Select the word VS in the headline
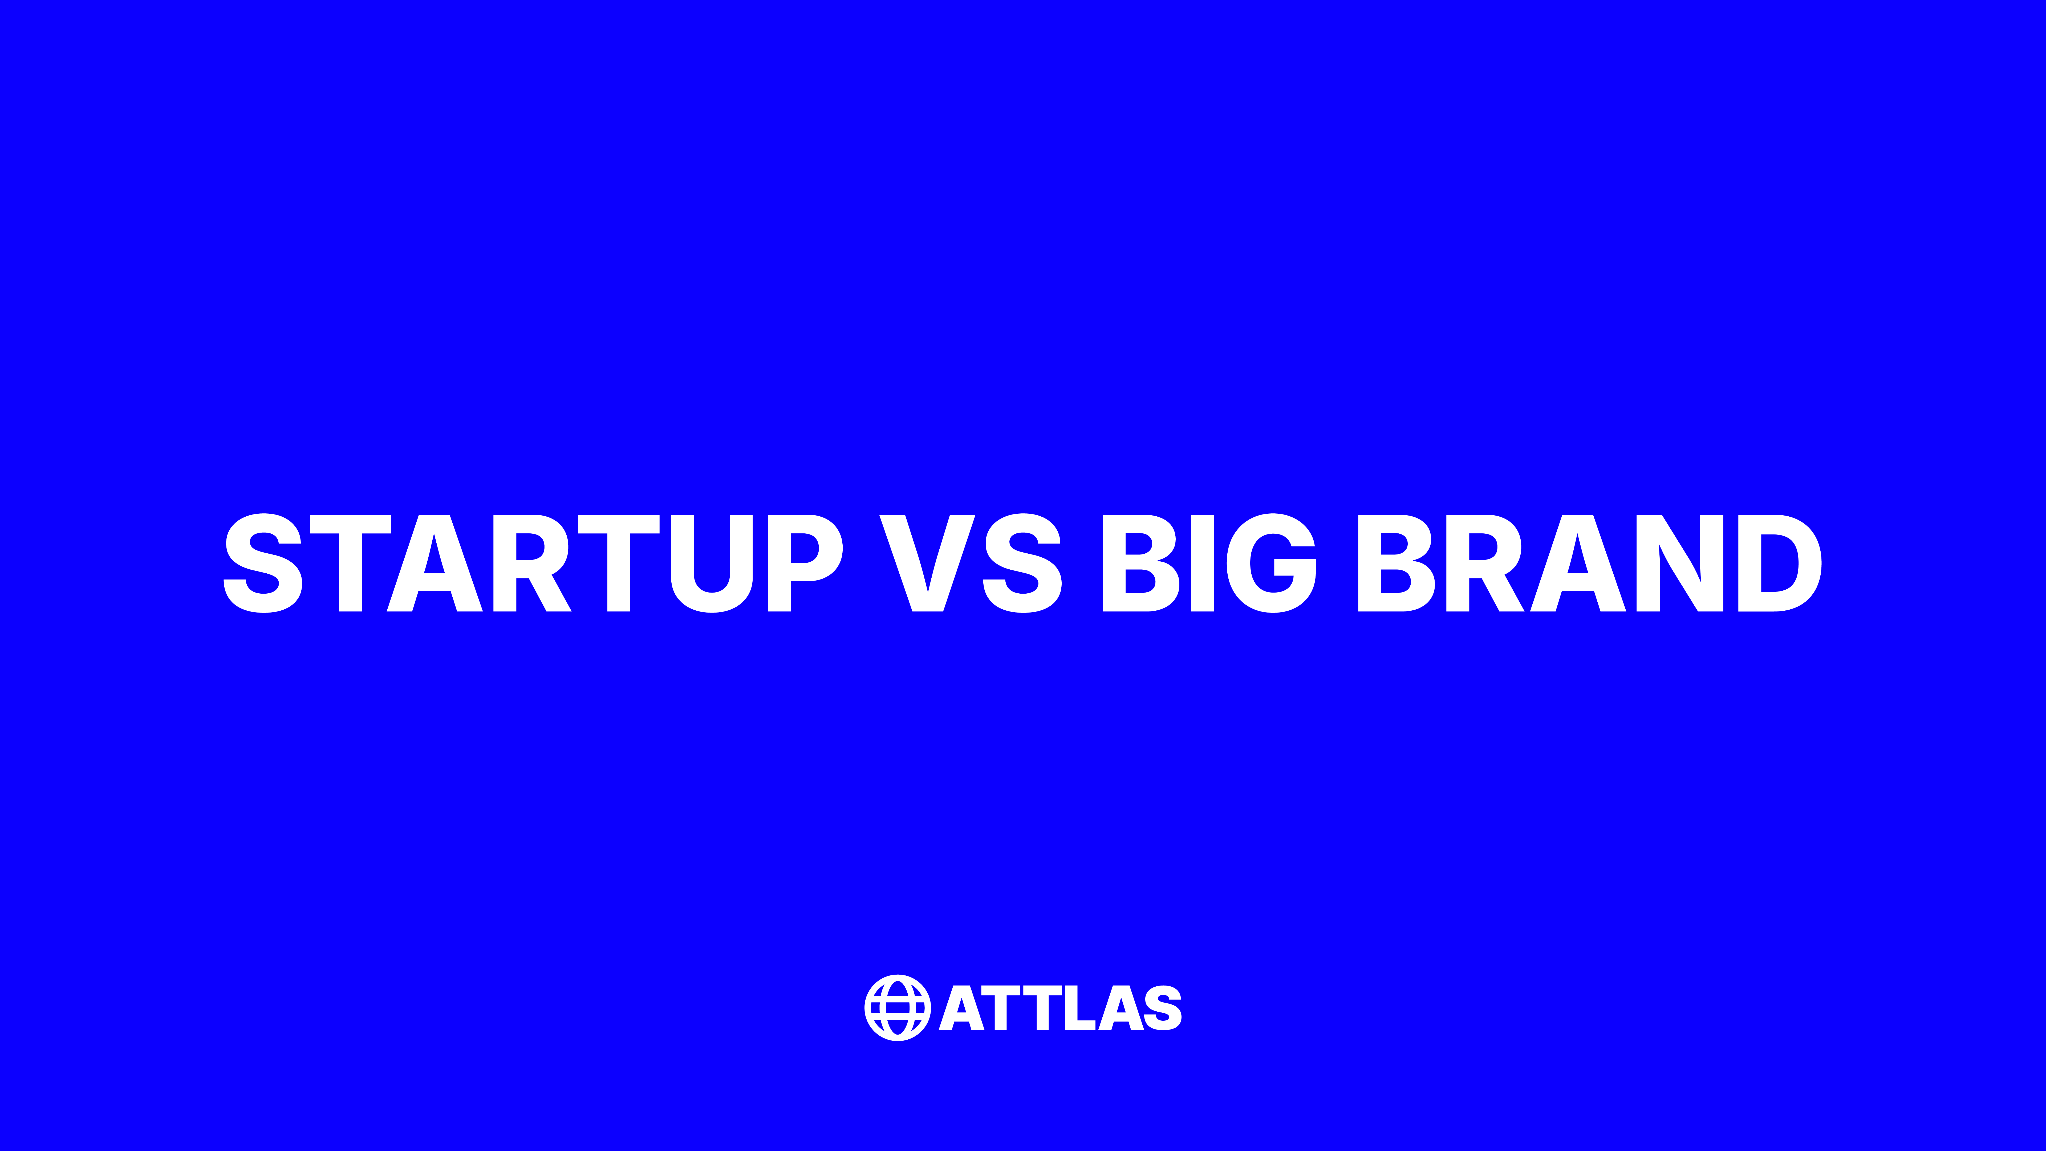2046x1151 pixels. click(971, 563)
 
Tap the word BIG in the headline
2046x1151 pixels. click(1209, 563)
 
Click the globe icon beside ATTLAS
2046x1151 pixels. click(898, 1007)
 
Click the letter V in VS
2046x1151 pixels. click(927, 563)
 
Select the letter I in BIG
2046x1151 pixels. click(1203, 563)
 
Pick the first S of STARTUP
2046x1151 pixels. click(263, 563)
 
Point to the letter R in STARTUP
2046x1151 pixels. click(530, 563)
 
